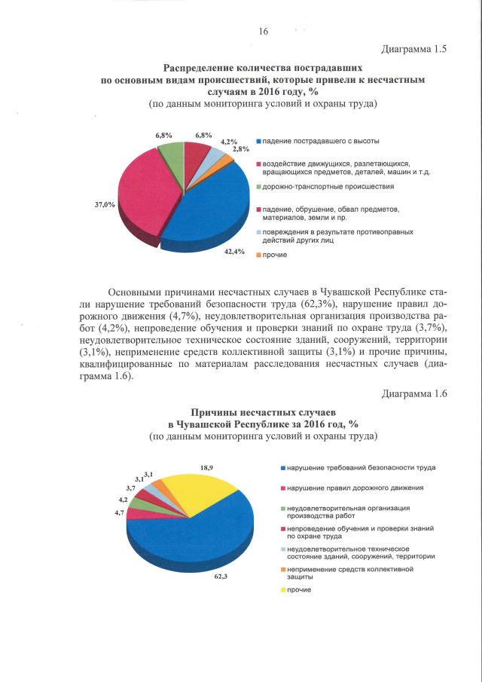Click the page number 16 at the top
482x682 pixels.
pyautogui.click(x=264, y=31)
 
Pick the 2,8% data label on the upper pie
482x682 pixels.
pyautogui.click(x=241, y=149)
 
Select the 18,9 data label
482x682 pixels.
pyautogui.click(x=206, y=468)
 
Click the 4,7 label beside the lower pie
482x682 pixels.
pyautogui.click(x=119, y=512)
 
